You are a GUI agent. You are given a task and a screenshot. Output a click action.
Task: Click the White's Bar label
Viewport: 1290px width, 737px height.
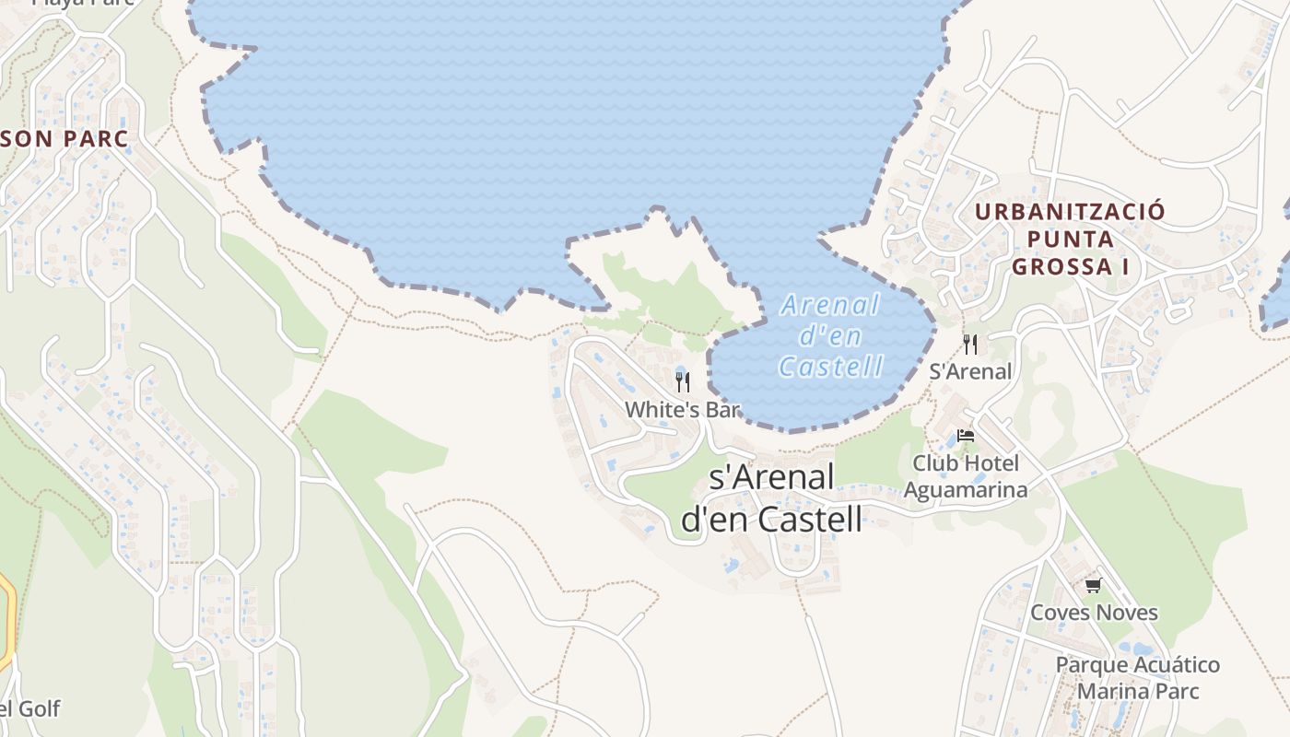tap(683, 410)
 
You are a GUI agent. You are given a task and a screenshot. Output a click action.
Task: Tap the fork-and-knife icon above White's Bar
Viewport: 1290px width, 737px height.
tap(683, 382)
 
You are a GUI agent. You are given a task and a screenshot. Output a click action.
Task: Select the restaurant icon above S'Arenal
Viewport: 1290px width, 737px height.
tap(970, 345)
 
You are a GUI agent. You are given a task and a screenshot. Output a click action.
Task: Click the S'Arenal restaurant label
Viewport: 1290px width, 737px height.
tap(970, 371)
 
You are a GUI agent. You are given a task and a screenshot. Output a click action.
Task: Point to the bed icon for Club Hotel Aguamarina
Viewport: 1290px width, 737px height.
tap(966, 436)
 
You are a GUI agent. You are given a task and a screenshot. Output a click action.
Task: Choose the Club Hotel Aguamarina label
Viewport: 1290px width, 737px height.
tap(965, 476)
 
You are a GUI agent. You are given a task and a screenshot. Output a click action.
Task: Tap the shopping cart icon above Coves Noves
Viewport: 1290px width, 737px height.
tap(1094, 586)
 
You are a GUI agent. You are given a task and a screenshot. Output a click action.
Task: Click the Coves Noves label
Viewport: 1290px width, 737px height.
tap(1094, 613)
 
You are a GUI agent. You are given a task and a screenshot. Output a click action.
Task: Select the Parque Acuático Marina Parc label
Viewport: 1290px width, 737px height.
tap(1138, 678)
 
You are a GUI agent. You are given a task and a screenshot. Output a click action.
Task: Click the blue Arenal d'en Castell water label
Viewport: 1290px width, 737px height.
tap(830, 335)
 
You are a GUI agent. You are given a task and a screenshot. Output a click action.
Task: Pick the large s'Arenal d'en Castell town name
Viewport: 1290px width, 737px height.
tap(772, 498)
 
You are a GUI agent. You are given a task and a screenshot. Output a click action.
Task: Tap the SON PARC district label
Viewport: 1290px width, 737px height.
tap(64, 139)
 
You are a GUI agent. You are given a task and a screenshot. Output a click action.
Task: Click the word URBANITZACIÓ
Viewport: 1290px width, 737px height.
tap(1070, 212)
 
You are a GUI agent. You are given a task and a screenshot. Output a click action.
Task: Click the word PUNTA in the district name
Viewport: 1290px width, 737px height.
tap(1070, 240)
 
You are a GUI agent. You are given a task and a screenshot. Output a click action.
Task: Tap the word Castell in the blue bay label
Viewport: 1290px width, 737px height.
tap(830, 367)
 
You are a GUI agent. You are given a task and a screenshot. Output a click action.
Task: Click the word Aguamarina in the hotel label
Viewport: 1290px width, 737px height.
tap(965, 490)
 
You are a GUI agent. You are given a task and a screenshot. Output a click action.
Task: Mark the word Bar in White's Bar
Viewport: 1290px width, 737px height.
tap(723, 410)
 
